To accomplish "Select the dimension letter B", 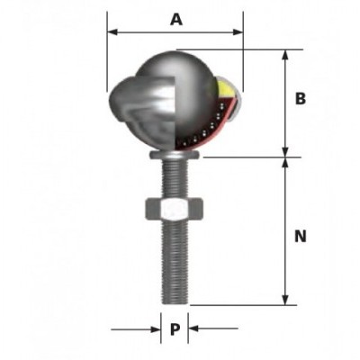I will click(x=301, y=99).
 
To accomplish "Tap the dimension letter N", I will click(x=301, y=237).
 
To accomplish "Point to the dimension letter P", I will click(x=175, y=329).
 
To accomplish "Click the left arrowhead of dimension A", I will click(x=112, y=32).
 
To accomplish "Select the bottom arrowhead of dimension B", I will click(x=286, y=152).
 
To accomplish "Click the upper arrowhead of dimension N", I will click(x=286, y=163).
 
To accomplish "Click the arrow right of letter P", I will click(x=193, y=329).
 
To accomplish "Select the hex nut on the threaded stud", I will click(x=174, y=211).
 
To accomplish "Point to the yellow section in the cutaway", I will click(x=223, y=88).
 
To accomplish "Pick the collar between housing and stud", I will click(x=174, y=157).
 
